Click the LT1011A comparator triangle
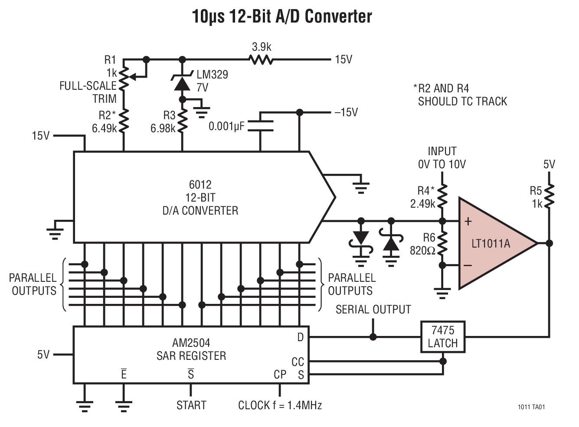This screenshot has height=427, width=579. click(x=492, y=243)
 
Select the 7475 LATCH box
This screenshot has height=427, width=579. click(x=442, y=337)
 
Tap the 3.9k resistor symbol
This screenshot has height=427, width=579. click(x=262, y=59)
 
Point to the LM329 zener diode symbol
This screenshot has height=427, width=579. click(x=182, y=83)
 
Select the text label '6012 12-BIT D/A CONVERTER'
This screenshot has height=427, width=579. click(x=200, y=198)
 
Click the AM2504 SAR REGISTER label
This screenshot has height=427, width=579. click(x=191, y=349)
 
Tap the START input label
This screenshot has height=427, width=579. click(x=191, y=405)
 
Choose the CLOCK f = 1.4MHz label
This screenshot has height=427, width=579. click(x=280, y=405)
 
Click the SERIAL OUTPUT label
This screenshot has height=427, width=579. click(x=373, y=310)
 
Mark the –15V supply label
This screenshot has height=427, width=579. click(x=346, y=113)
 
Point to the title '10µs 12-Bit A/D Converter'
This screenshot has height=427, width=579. click(x=282, y=17)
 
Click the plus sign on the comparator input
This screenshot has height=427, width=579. click(x=468, y=222)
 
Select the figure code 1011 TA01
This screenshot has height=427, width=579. click(x=531, y=407)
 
